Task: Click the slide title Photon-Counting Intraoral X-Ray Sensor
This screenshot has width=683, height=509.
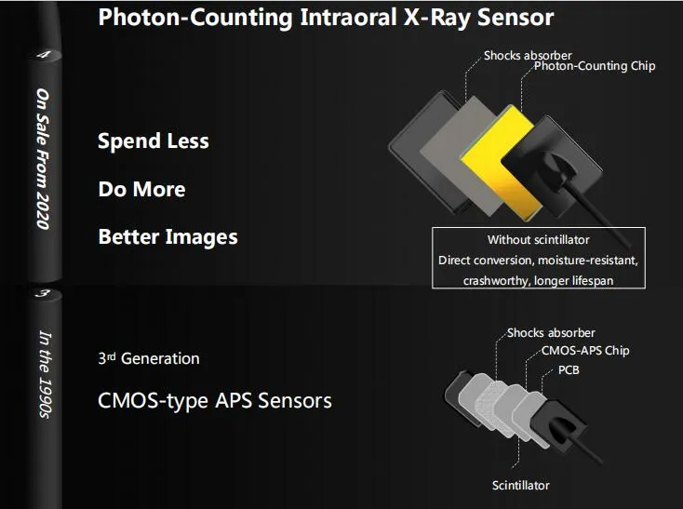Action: [326, 17]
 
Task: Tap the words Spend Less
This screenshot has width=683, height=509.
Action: [154, 141]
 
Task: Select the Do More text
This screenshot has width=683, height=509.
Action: [141, 190]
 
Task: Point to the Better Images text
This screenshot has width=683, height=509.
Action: [167, 237]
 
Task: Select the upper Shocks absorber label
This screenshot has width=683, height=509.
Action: [528, 56]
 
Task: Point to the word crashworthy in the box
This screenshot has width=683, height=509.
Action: [494, 280]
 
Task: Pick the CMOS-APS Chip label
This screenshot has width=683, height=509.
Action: [585, 351]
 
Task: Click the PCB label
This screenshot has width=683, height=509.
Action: [569, 369]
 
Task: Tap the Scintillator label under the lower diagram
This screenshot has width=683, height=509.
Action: [520, 485]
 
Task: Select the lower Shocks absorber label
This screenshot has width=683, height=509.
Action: [551, 332]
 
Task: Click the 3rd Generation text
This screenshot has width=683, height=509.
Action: [149, 358]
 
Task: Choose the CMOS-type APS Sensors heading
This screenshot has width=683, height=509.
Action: [215, 401]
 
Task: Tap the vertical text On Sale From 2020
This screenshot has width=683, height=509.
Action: [44, 158]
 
